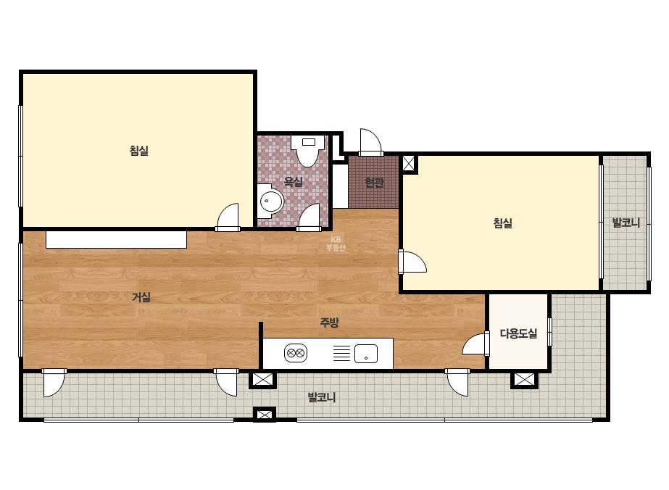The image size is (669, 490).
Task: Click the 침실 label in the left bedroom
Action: click(x=139, y=151)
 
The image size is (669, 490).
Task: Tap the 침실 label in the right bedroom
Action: click(x=502, y=223)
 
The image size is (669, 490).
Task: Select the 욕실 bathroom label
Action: click(x=294, y=182)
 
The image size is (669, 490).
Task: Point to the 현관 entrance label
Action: click(x=374, y=182)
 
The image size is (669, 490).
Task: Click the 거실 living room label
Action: click(x=141, y=297)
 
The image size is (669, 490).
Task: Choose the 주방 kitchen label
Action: click(x=329, y=323)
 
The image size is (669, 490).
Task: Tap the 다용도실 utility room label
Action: click(x=518, y=333)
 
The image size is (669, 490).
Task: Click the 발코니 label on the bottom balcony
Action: click(x=322, y=397)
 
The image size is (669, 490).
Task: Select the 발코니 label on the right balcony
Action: click(x=626, y=223)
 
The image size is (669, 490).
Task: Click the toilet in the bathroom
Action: click(x=308, y=151)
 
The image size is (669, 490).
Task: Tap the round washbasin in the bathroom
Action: click(x=271, y=201)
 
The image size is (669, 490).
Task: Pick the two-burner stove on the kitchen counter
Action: click(x=296, y=353)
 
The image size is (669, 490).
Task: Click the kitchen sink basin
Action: click(x=366, y=354)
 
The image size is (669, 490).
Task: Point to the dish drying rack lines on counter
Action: click(x=341, y=353)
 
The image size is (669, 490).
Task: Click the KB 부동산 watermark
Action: click(x=336, y=244)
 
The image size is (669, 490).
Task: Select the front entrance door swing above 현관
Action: click(x=370, y=142)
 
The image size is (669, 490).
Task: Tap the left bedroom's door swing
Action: click(x=228, y=217)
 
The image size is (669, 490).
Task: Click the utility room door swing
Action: click(x=475, y=343)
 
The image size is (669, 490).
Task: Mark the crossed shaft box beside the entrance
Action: click(x=408, y=164)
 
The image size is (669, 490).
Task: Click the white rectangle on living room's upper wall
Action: click(x=116, y=239)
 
